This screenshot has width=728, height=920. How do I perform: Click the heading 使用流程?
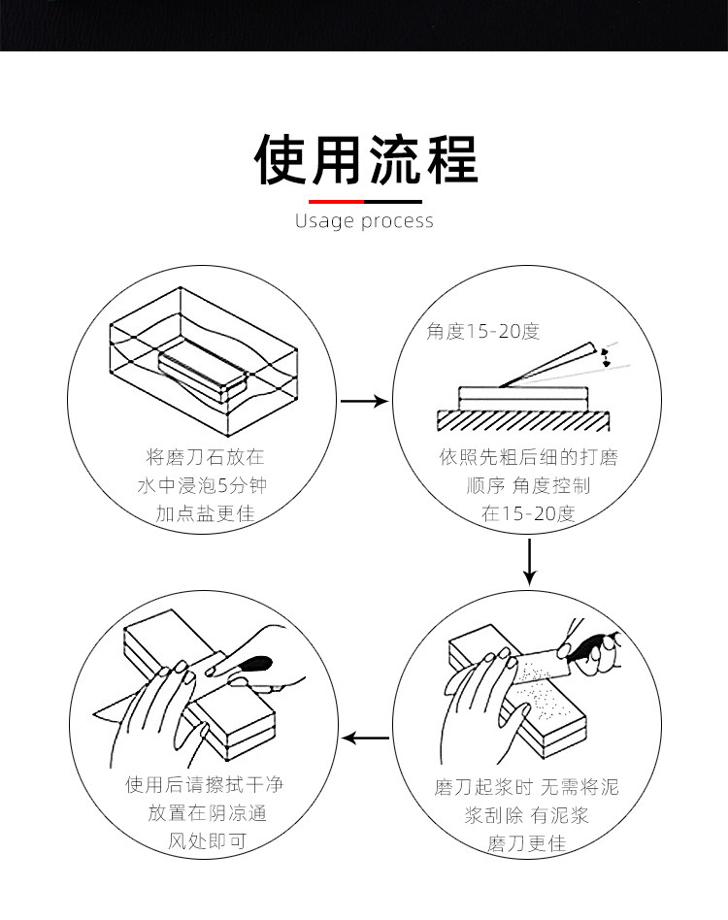pyautogui.click(x=365, y=159)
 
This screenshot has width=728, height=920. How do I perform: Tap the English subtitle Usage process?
pyautogui.click(x=364, y=221)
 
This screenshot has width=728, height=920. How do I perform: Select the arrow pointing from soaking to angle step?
pyautogui.click(x=366, y=401)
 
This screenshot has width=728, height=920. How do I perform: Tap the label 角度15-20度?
pyautogui.click(x=482, y=332)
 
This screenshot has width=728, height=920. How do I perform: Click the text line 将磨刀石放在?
pyautogui.click(x=205, y=456)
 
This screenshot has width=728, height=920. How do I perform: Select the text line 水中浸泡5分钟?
pyautogui.click(x=204, y=485)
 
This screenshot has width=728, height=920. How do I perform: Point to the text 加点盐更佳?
pyautogui.click(x=205, y=513)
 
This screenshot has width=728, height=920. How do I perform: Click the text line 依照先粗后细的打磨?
pyautogui.click(x=528, y=456)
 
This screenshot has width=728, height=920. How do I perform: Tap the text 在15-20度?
pyautogui.click(x=528, y=514)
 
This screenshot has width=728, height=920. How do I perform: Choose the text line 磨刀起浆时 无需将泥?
pyautogui.click(x=526, y=787)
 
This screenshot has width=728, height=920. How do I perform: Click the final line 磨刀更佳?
pyautogui.click(x=526, y=843)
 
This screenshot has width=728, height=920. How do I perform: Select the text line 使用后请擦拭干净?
pyautogui.click(x=204, y=785)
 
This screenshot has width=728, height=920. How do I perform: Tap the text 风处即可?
pyautogui.click(x=204, y=841)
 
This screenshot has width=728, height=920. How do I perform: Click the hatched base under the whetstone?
pyautogui.click(x=524, y=420)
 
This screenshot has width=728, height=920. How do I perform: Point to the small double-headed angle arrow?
pyautogui.click(x=607, y=356)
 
